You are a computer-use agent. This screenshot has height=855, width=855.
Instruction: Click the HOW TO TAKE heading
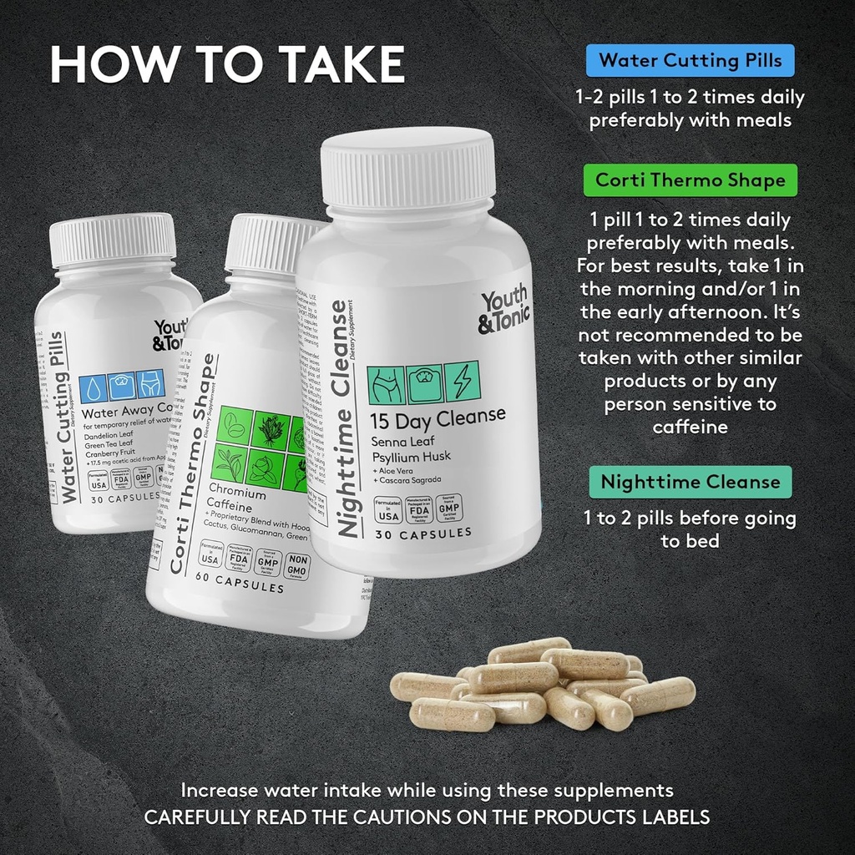(x=227, y=64)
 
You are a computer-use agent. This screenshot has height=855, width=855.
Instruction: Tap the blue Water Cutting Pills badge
(x=690, y=60)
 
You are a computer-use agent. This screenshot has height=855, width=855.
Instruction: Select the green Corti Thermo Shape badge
(x=690, y=180)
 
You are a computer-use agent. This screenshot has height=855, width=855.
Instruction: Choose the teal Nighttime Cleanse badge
(x=690, y=482)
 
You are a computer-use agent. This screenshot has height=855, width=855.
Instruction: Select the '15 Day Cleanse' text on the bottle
(x=438, y=415)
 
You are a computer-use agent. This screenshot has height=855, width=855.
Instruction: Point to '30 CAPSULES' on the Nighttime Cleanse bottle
(x=423, y=533)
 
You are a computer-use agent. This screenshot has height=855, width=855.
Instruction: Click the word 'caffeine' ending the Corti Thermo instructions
(x=690, y=427)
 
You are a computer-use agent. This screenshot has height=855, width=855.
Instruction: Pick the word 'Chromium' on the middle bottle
(x=238, y=493)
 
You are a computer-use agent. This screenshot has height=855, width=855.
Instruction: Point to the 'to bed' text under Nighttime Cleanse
(x=690, y=541)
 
